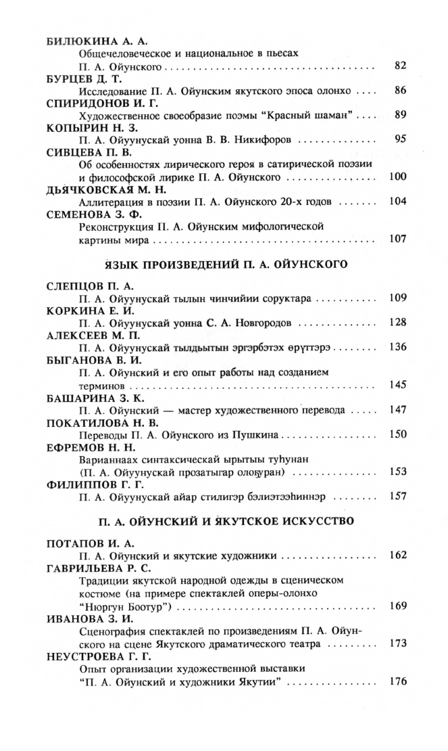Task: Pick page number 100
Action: [x=397, y=177]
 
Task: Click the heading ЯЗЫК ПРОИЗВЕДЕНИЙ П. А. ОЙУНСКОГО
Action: [x=224, y=265]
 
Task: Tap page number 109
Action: [x=397, y=297]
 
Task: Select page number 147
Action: [x=397, y=410]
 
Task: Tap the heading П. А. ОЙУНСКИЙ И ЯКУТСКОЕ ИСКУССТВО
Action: [x=224, y=522]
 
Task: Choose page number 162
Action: [x=397, y=555]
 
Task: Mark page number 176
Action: [x=397, y=681]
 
